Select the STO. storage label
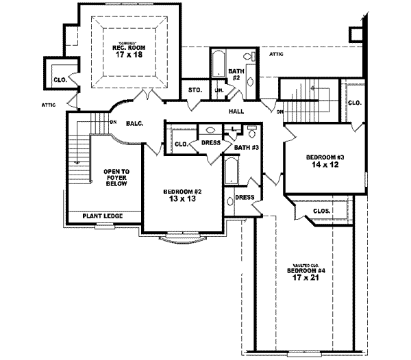[x=194, y=90]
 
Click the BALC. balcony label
[x=134, y=124]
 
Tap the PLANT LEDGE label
[x=102, y=216]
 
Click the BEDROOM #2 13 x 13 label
[x=182, y=195]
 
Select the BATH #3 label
[x=245, y=147]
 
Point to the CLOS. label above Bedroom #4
[x=322, y=211]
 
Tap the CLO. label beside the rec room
[x=60, y=80]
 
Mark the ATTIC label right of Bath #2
[x=277, y=53]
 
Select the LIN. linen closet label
[x=220, y=90]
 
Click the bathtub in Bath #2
[x=218, y=67]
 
